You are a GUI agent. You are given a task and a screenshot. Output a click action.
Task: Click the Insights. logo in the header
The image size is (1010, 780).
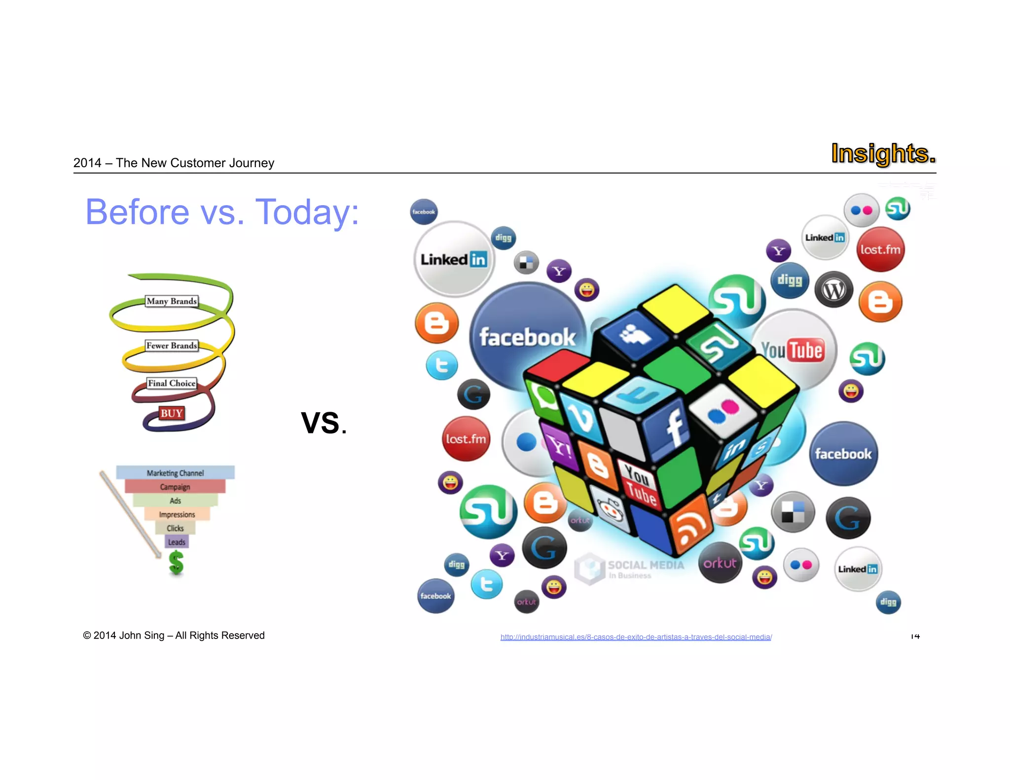tap(883, 153)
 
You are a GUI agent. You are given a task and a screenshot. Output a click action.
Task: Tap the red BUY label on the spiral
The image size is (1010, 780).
tap(171, 413)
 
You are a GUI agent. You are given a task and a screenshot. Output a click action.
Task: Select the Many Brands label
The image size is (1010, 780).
tap(172, 301)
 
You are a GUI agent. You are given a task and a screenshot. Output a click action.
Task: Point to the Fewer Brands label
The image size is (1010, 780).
tap(172, 346)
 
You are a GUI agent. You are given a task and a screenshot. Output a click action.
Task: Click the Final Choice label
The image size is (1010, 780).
tap(172, 383)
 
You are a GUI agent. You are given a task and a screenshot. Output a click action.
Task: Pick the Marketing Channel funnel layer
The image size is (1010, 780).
tap(175, 473)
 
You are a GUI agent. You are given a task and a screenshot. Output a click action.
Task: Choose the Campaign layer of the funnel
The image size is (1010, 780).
tap(175, 487)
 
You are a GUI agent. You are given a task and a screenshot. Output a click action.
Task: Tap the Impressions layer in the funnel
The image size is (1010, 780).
tap(177, 514)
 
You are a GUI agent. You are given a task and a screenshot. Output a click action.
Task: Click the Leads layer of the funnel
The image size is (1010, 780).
tap(177, 542)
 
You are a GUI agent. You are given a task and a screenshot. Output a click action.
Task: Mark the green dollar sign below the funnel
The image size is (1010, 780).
tap(176, 563)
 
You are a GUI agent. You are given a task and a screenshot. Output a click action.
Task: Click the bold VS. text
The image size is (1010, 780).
tap(324, 423)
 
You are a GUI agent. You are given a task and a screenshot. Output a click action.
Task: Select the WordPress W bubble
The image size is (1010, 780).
tap(833, 290)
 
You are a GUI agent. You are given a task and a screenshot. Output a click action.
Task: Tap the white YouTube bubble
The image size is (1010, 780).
tap(793, 350)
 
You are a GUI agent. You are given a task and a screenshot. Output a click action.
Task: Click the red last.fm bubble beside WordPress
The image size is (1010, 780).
tap(880, 249)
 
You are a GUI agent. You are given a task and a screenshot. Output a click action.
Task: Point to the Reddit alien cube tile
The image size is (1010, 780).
tap(610, 509)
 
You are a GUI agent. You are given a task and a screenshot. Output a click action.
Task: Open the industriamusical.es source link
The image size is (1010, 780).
tap(636, 637)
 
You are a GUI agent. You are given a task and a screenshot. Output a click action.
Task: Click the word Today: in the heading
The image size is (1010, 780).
tap(307, 212)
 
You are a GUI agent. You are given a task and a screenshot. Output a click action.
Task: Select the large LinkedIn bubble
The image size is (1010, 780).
tap(453, 259)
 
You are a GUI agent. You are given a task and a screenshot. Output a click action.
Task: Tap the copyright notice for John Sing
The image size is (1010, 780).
tap(174, 636)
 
